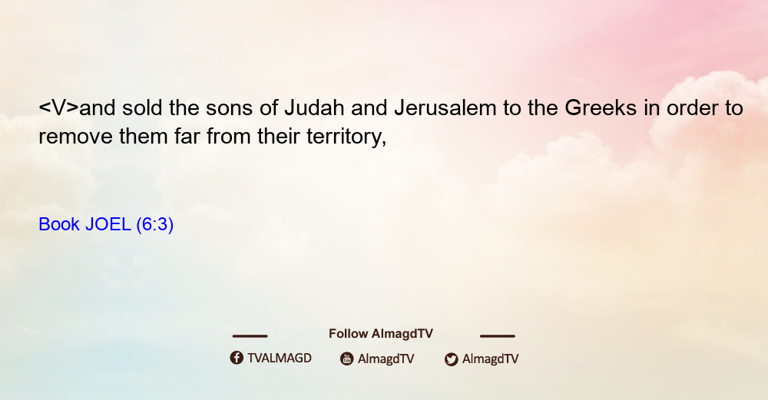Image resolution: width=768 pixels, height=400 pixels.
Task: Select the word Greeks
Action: [601, 108]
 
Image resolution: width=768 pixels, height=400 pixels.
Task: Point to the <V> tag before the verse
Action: [58, 108]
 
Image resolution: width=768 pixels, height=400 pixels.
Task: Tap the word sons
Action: [229, 108]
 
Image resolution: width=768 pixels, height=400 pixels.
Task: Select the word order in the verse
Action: [693, 108]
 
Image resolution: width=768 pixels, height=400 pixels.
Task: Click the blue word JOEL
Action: [108, 224]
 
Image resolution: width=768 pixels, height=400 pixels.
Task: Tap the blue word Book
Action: [59, 224]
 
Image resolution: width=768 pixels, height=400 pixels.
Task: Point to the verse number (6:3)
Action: [155, 225]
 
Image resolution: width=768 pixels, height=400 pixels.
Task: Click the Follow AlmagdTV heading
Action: [381, 334]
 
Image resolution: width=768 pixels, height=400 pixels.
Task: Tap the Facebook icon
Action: [237, 358]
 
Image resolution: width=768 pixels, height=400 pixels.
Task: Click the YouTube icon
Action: [347, 359]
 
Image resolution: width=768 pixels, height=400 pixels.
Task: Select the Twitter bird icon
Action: [451, 359]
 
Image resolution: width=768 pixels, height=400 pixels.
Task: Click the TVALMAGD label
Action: [280, 359]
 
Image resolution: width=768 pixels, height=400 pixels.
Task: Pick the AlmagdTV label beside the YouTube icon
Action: [386, 359]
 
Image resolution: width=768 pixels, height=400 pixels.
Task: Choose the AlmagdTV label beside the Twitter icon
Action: [490, 359]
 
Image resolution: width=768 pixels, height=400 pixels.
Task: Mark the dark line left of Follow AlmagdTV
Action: [250, 336]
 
